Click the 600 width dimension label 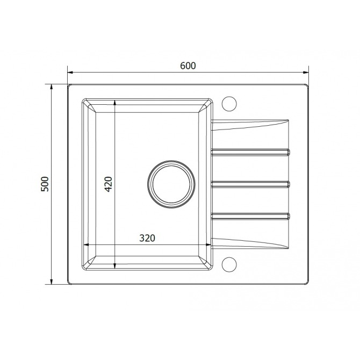point(188,66)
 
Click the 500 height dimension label point(45,184)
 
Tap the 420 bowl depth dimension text point(108,184)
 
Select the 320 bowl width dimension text point(147,238)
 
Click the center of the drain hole point(171,184)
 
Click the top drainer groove point(250,152)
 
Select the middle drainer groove point(250,184)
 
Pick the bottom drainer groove point(250,216)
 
